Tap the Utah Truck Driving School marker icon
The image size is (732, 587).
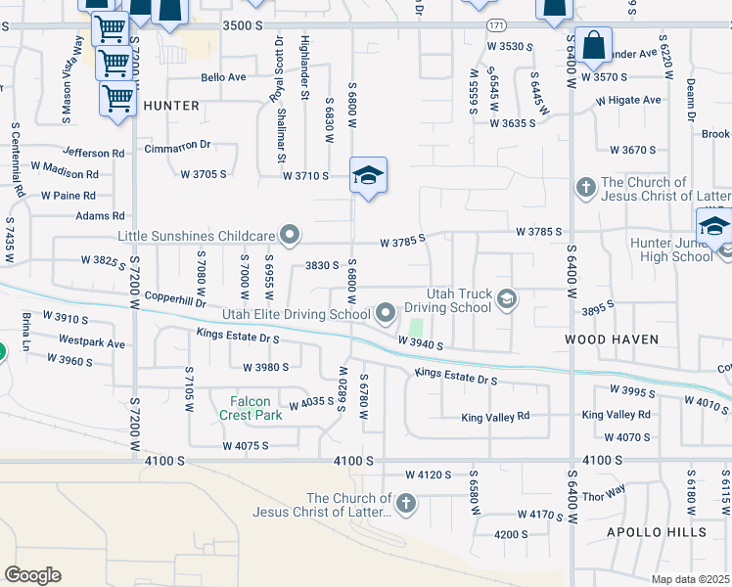(x=507, y=299)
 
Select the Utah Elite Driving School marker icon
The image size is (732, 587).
(x=386, y=313)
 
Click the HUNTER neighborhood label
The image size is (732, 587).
(x=171, y=105)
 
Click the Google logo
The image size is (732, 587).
(x=32, y=574)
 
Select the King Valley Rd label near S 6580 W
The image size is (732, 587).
(x=495, y=416)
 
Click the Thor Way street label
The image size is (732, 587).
(x=604, y=492)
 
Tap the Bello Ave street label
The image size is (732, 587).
(x=223, y=76)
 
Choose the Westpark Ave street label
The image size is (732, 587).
(x=92, y=343)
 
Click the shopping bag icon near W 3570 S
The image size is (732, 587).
(x=593, y=44)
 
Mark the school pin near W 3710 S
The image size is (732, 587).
(x=368, y=176)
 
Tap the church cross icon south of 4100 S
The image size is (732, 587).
(x=406, y=505)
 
